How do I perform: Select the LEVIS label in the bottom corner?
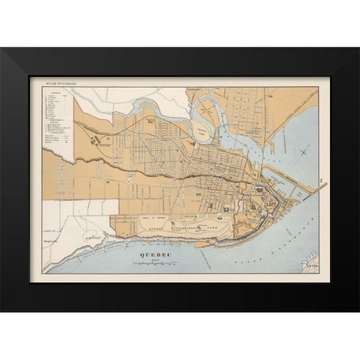point(304,265)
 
